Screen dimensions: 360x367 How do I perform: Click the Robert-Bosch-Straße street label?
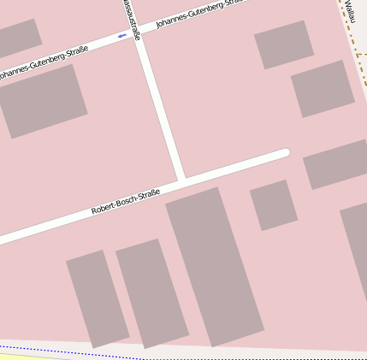(126, 201)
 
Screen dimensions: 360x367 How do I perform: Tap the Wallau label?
(351, 11)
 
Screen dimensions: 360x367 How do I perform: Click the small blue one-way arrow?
(122, 36)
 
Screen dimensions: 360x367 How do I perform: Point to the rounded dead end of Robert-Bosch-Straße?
(284, 153)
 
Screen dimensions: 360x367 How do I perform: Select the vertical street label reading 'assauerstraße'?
(128, 9)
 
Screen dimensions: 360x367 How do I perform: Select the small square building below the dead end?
(273, 204)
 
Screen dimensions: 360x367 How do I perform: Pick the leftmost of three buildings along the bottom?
(97, 298)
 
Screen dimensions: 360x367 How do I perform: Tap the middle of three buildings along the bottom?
(151, 293)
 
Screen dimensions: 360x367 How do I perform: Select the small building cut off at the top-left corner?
(17, 38)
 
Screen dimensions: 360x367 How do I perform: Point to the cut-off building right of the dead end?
(335, 163)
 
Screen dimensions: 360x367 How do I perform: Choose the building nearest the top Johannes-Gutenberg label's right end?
(284, 44)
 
